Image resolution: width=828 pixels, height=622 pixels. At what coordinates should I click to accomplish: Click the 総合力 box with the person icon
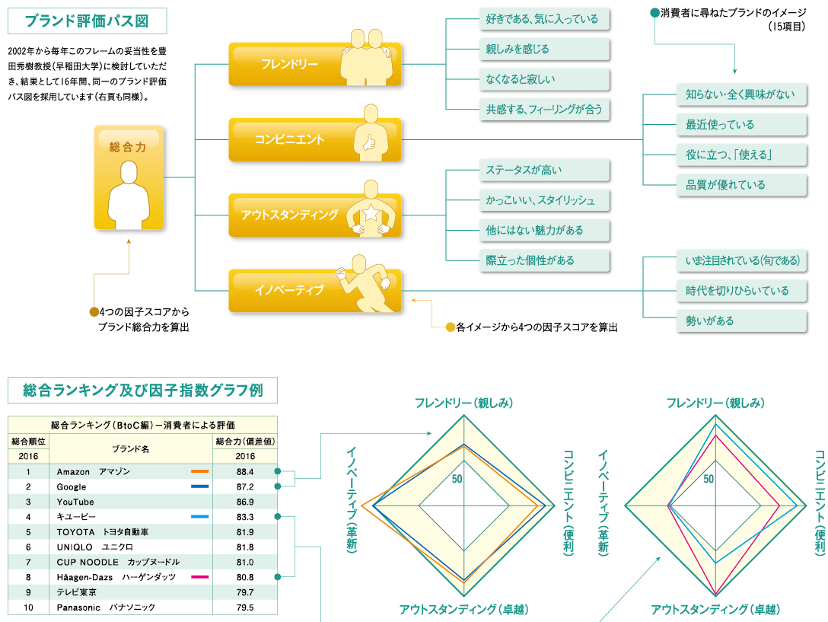pyautogui.click(x=129, y=177)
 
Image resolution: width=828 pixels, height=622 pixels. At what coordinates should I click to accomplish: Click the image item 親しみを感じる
pyautogui.click(x=544, y=49)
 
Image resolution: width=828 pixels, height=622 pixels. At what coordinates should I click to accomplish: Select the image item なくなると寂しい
pyautogui.click(x=544, y=79)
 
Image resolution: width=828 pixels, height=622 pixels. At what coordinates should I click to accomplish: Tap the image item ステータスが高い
pyautogui.click(x=544, y=170)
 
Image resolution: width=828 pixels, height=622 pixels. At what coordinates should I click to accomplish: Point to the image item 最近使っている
pyautogui.click(x=740, y=125)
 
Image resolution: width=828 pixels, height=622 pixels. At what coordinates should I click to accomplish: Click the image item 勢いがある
pyautogui.click(x=740, y=321)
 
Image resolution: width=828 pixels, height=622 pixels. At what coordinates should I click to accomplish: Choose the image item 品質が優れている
pyautogui.click(x=740, y=185)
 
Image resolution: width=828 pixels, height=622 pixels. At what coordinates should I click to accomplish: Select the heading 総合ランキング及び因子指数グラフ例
pyautogui.click(x=142, y=391)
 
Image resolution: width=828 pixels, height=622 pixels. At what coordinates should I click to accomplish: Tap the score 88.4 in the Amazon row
pyautogui.click(x=244, y=472)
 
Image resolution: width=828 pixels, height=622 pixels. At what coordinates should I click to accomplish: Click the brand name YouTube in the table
pyautogui.click(x=75, y=502)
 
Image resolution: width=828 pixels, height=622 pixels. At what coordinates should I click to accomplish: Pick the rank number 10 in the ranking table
pyautogui.click(x=28, y=608)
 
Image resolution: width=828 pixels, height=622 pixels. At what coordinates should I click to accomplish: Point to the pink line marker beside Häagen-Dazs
pyautogui.click(x=199, y=577)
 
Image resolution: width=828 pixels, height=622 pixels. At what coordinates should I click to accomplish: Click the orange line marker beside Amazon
pyautogui.click(x=199, y=472)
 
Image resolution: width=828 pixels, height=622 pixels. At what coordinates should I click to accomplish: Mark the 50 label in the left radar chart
pyautogui.click(x=457, y=479)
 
